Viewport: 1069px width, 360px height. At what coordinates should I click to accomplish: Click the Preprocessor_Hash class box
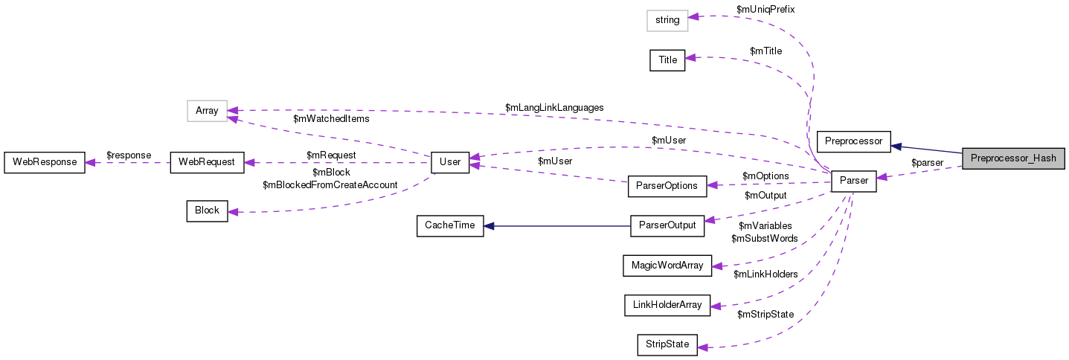(1013, 158)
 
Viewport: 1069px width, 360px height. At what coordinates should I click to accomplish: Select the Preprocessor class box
(853, 141)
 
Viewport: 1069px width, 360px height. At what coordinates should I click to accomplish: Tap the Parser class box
(853, 181)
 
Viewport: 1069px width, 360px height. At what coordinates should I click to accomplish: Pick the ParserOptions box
(667, 185)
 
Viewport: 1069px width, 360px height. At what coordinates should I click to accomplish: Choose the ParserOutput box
(667, 225)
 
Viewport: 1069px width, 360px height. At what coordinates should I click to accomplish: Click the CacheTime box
(449, 225)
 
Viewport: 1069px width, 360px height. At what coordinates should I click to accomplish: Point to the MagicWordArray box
(667, 264)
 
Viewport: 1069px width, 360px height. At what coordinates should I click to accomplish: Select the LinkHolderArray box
(667, 304)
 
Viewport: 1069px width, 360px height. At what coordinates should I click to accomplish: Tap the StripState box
(667, 344)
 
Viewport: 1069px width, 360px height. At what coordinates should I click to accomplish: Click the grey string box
(667, 20)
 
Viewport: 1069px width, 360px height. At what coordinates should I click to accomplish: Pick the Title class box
(667, 60)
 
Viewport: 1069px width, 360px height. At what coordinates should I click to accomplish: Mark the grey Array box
(207, 111)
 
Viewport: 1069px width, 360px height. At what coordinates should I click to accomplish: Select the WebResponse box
(45, 161)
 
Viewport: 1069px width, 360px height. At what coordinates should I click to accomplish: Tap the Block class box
(207, 210)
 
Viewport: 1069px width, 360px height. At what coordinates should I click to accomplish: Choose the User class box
(450, 161)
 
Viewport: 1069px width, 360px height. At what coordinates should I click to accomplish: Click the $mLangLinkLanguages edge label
(554, 108)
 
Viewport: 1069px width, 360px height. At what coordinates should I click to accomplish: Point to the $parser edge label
(927, 162)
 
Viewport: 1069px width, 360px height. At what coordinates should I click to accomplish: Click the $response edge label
(129, 155)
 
